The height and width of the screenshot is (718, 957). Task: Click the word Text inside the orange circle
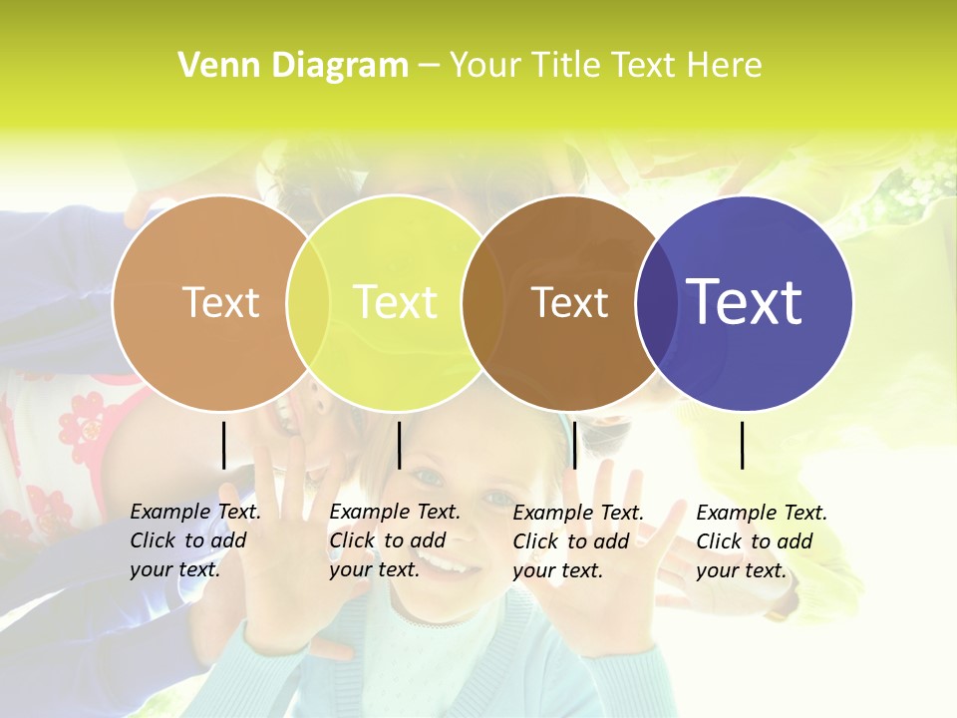tap(220, 302)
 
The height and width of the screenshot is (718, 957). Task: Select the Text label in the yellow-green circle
tap(396, 302)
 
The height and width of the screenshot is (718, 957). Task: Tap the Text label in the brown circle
tap(569, 302)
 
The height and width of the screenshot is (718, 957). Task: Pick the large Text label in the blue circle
tap(744, 301)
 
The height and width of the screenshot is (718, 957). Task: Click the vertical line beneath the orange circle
tap(224, 445)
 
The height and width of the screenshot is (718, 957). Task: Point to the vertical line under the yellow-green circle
tap(399, 445)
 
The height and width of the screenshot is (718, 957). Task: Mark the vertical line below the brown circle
tap(574, 445)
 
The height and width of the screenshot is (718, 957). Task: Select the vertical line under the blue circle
tap(742, 445)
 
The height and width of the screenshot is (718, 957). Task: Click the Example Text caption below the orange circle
tap(194, 540)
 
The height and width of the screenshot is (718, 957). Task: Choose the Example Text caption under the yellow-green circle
tap(394, 540)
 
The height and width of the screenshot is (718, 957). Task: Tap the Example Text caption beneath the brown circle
tap(577, 540)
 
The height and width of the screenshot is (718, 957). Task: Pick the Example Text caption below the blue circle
tap(761, 540)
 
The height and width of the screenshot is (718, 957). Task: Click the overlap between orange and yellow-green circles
tap(308, 302)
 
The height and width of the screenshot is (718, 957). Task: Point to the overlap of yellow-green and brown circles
tap(483, 302)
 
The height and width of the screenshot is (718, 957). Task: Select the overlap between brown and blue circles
tap(656, 302)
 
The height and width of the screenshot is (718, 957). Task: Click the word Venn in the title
tap(207, 66)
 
